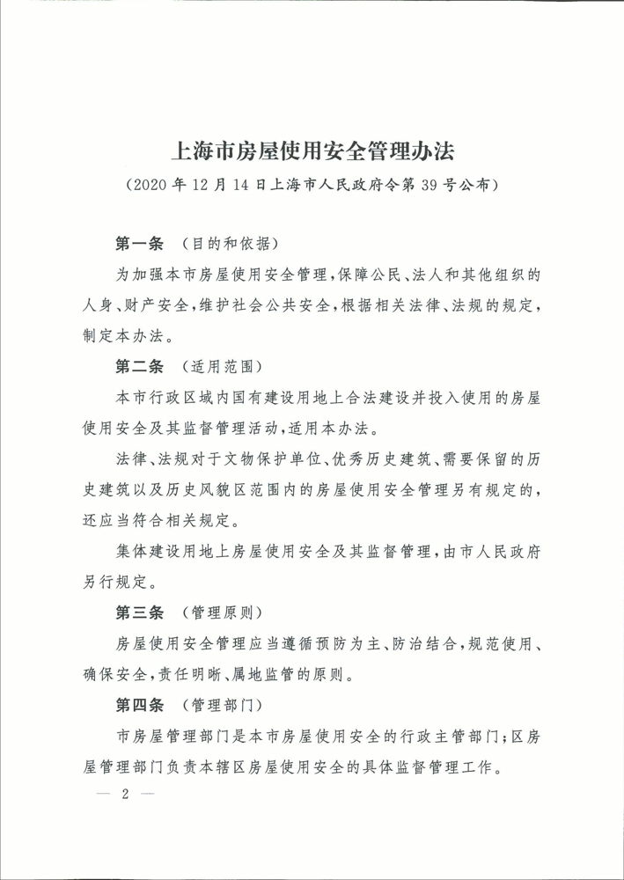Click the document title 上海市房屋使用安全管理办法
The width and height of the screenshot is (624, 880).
click(312, 149)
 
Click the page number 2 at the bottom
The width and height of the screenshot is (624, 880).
click(126, 793)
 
